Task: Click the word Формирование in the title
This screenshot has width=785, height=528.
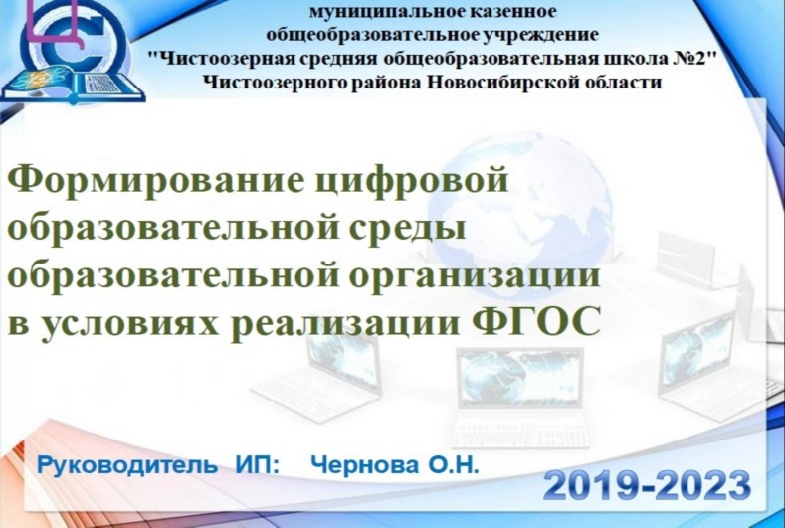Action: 155,181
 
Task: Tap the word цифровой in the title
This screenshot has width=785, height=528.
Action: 413,182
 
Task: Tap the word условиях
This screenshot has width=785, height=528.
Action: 129,324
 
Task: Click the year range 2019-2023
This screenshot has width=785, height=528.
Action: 647,485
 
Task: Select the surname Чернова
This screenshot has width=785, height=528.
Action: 364,465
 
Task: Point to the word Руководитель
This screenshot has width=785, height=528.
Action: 127,466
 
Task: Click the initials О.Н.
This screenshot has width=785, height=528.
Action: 452,465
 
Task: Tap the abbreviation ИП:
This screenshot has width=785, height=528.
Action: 258,465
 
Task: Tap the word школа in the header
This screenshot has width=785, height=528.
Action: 637,59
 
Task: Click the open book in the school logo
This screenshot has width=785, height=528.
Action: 73,87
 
